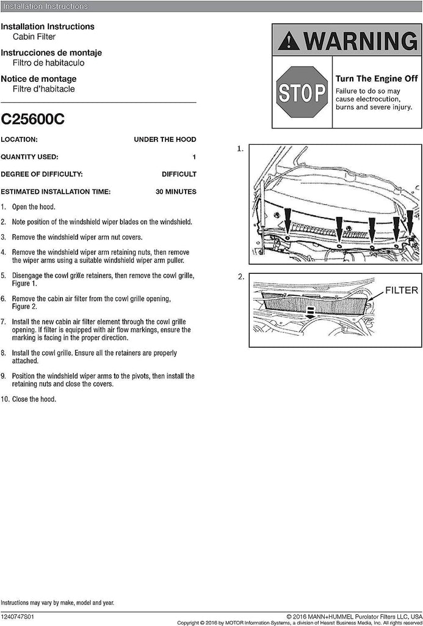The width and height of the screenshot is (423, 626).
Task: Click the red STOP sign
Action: (301, 92)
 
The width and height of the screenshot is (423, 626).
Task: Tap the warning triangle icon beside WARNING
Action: (289, 42)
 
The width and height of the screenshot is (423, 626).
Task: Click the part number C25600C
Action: (33, 119)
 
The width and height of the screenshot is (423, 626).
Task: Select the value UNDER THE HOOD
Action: (165, 139)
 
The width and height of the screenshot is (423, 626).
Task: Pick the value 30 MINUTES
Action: (176, 191)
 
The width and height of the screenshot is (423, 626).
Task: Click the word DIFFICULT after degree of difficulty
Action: (179, 174)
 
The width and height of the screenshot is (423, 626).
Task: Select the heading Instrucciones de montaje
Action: (51, 53)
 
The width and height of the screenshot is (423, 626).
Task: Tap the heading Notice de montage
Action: (38, 79)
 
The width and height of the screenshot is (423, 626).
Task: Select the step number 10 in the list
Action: (5, 399)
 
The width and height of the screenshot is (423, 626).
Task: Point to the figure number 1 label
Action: (240, 149)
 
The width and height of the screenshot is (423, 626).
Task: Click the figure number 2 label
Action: (240, 277)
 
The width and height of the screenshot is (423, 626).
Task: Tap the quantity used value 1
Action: (194, 156)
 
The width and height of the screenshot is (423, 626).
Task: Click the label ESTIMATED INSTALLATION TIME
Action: (56, 191)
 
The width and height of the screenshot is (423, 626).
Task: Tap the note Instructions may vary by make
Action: (57, 603)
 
